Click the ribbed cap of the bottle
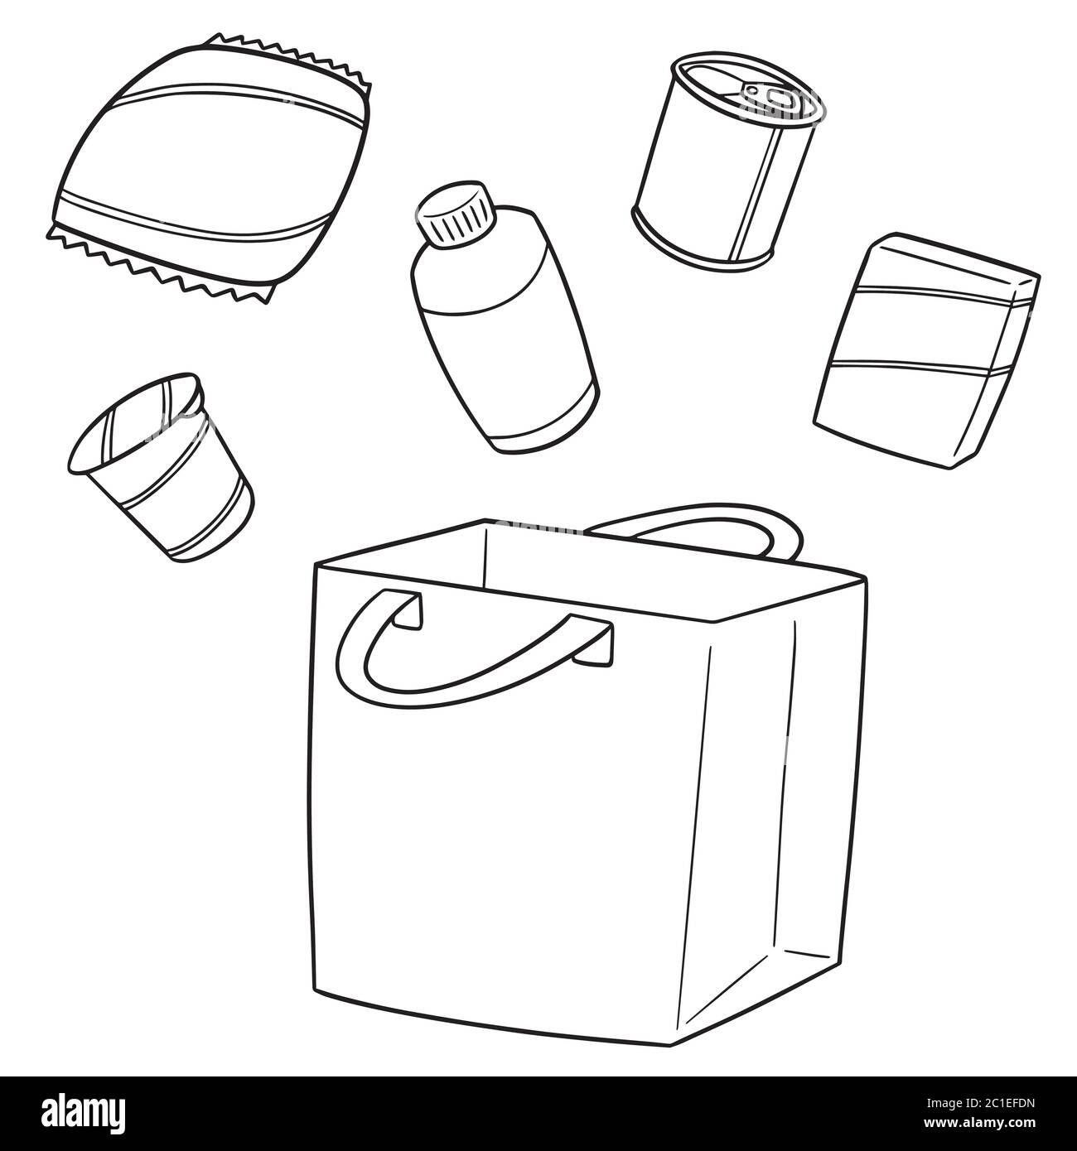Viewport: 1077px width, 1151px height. click(456, 211)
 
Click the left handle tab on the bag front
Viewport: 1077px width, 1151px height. click(406, 609)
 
